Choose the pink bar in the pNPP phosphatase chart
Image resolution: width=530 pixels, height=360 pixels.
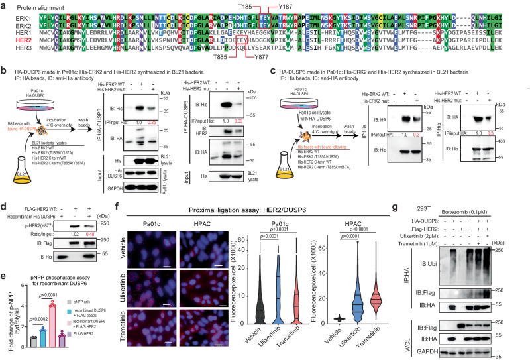click(x=57, y=305)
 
